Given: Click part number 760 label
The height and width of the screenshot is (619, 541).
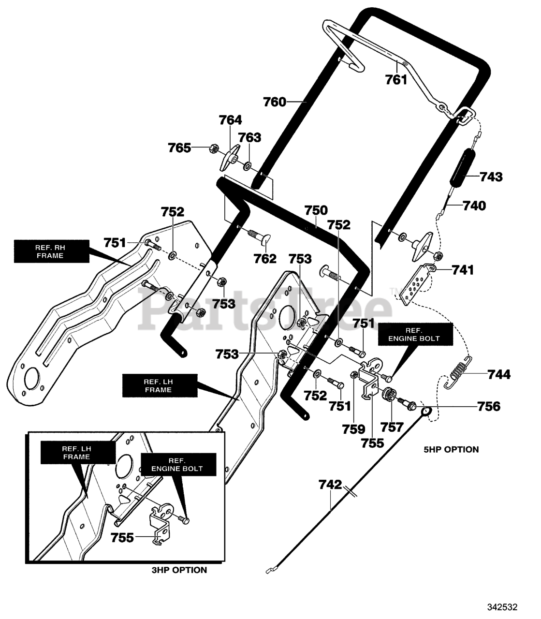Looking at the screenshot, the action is [x=275, y=102].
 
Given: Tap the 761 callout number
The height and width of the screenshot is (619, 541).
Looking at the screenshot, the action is [x=396, y=80].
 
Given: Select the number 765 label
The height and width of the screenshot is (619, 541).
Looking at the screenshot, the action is [x=180, y=148].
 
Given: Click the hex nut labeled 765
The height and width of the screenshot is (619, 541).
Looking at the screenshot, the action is [x=213, y=148].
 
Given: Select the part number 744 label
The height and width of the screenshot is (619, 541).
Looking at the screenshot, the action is [x=499, y=375].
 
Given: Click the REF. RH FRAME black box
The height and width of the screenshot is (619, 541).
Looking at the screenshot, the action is [x=52, y=251].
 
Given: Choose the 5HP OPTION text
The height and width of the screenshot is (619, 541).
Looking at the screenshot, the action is [x=451, y=450].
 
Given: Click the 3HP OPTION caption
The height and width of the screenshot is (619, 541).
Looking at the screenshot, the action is [x=179, y=570].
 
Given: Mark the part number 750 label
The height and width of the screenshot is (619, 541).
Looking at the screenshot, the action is [x=316, y=210].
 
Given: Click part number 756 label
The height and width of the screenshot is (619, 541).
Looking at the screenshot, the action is [x=489, y=406].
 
